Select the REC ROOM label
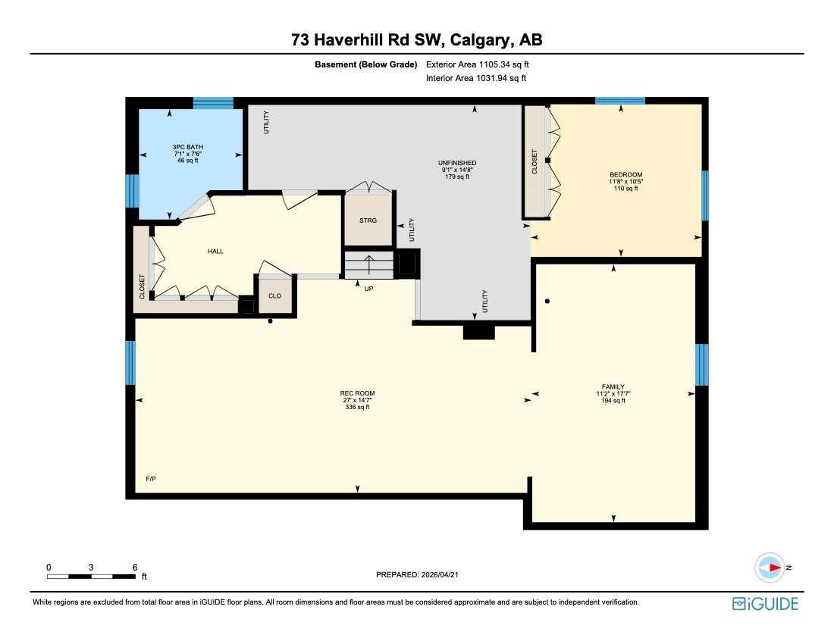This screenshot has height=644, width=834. click(357, 393)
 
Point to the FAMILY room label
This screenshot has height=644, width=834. click(613, 386)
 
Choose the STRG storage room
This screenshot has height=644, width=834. click(368, 220)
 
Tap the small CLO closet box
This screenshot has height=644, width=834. click(274, 295)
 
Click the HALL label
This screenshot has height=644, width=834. click(215, 251)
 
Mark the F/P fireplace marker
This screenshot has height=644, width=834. click(150, 479)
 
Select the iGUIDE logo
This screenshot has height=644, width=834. click(765, 604)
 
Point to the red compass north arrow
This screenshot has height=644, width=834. click(774, 567)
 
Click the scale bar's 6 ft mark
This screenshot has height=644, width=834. click(134, 567)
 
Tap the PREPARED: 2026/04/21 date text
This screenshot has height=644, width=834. click(418, 575)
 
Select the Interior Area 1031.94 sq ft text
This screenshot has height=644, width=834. click(477, 77)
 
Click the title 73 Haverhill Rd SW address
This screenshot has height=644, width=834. click(416, 40)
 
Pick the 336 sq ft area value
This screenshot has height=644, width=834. click(357, 408)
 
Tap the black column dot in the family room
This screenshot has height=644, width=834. click(547, 302)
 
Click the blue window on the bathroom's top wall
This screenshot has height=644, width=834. click(213, 103)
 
